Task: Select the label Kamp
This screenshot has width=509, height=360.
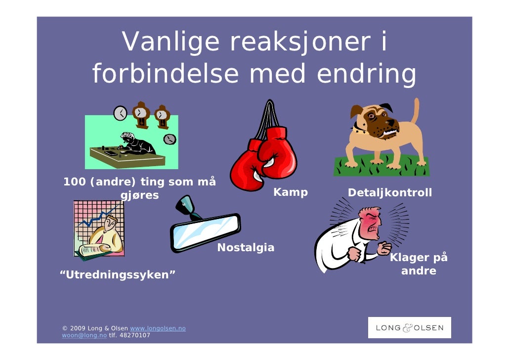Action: pyautogui.click(x=291, y=192)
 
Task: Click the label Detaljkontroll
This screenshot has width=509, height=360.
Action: pyautogui.click(x=390, y=192)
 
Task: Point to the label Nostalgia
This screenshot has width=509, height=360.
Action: pyautogui.click(x=246, y=247)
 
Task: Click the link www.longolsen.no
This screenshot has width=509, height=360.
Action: pyautogui.click(x=157, y=328)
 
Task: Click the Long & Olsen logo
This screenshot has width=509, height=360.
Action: pyautogui.click(x=409, y=328)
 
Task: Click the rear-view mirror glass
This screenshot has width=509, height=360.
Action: pyautogui.click(x=206, y=231)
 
